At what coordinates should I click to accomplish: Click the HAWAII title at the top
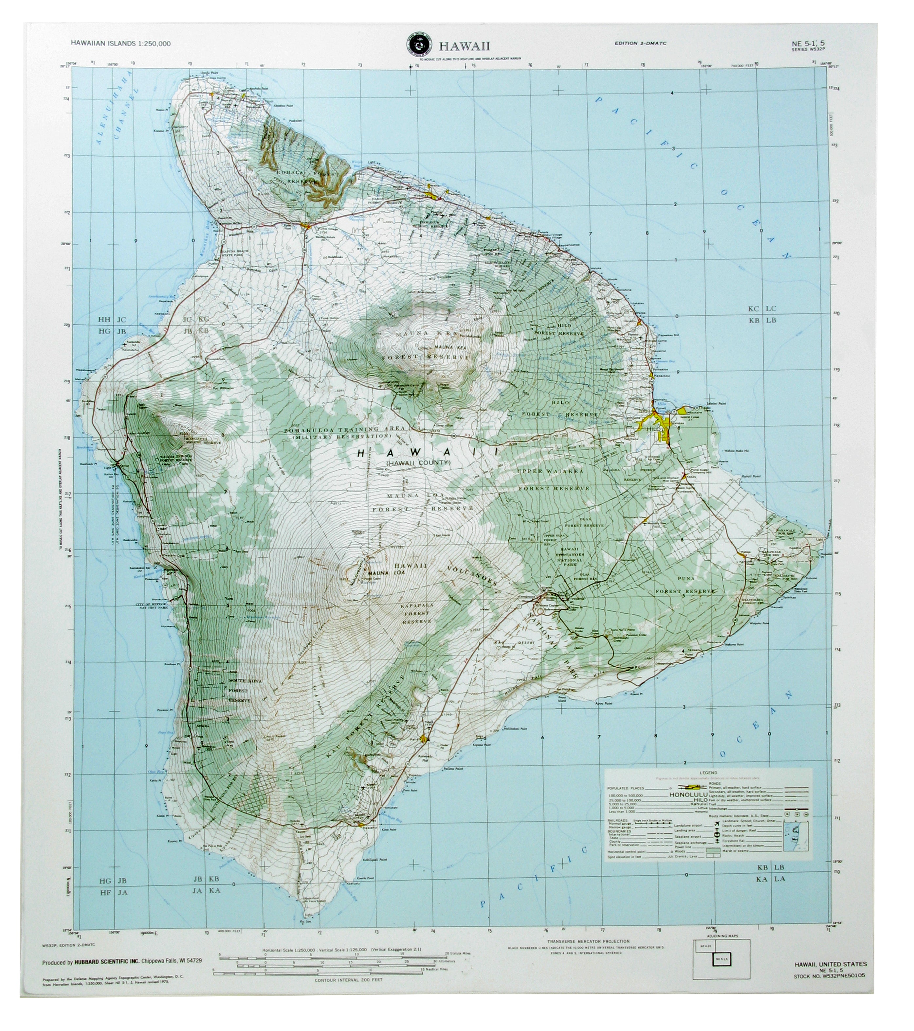click(x=464, y=46)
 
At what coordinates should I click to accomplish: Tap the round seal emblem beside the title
click(x=418, y=46)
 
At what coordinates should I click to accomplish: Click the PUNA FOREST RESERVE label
click(x=685, y=585)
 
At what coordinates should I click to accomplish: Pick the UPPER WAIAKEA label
click(x=550, y=471)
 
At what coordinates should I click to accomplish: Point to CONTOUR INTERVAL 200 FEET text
click(x=348, y=980)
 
